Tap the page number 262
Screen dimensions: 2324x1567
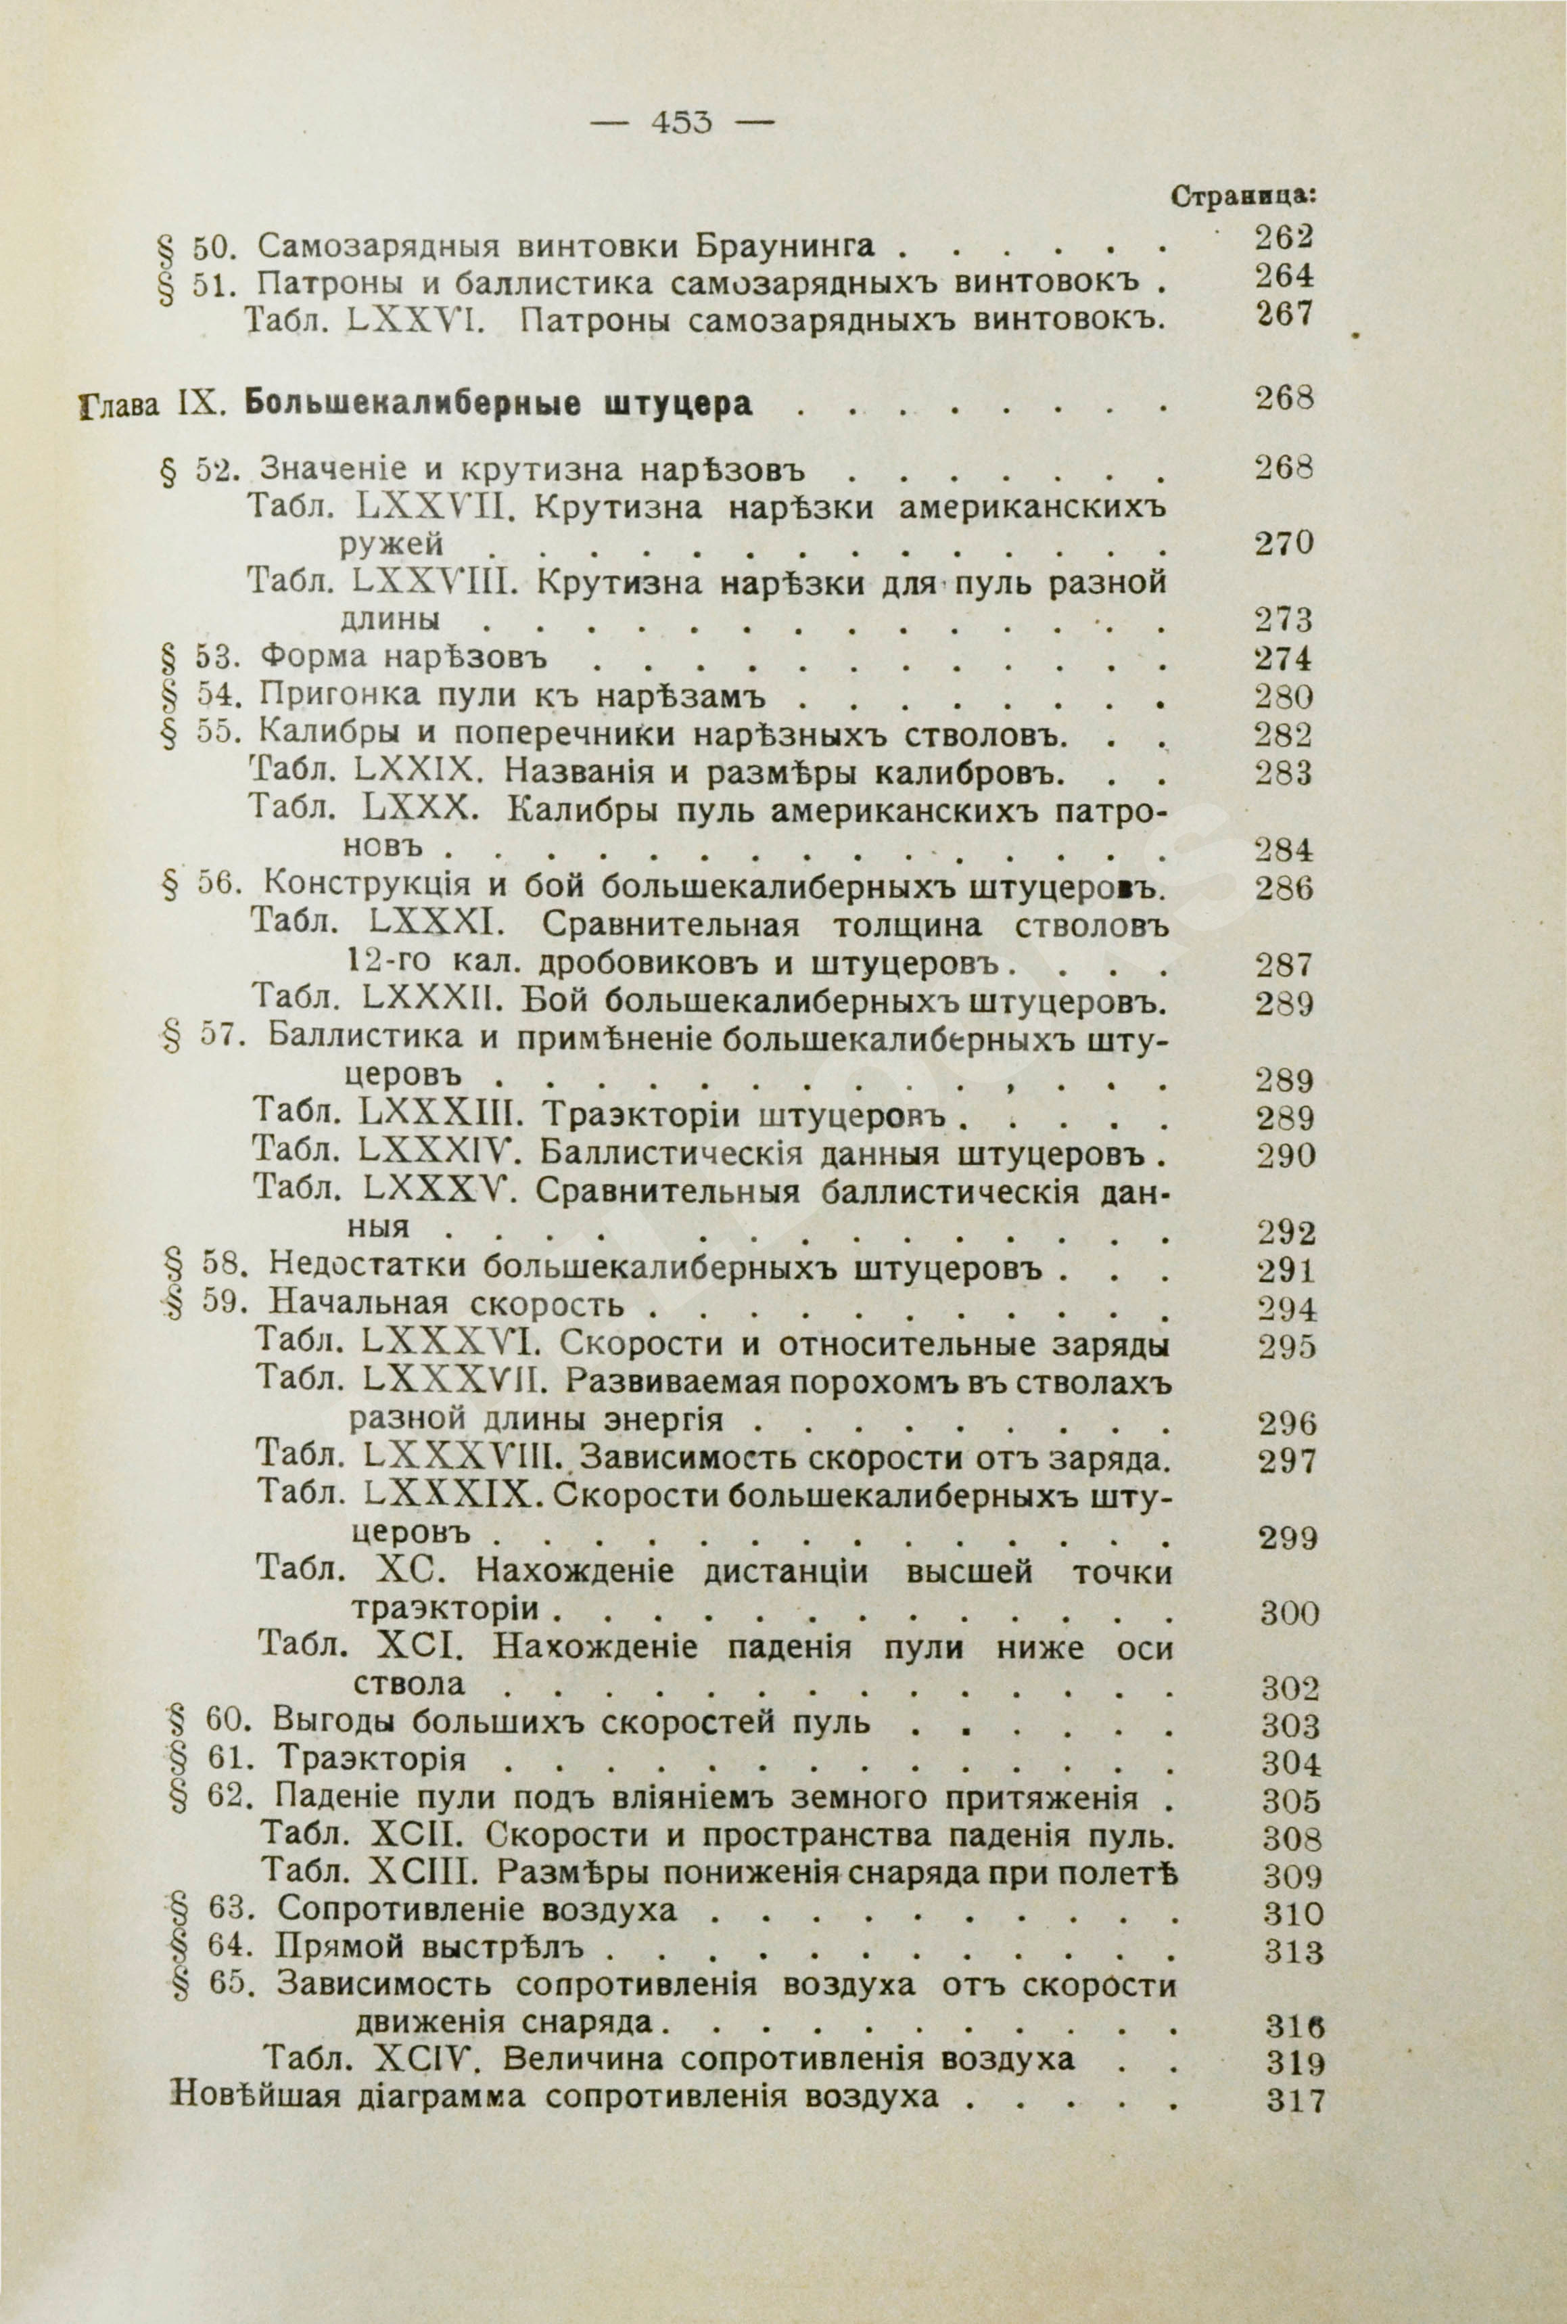point(1282,238)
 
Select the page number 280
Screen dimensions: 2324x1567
point(1282,697)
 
